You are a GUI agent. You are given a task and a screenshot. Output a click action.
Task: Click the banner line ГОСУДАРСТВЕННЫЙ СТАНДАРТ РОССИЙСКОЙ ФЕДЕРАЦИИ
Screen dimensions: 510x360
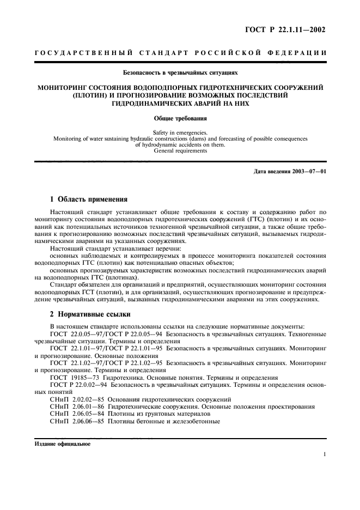click(180, 53)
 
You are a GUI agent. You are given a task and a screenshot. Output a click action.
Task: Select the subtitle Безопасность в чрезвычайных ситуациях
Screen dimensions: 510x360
click(180, 71)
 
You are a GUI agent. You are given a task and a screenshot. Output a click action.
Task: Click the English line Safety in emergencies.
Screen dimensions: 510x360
click(180, 132)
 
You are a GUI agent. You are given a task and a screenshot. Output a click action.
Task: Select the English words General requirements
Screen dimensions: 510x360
click(180, 151)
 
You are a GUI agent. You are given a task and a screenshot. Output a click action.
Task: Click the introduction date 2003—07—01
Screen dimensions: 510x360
click(306, 172)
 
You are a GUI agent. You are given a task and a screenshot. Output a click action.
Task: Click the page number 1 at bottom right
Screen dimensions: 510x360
click(324, 454)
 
